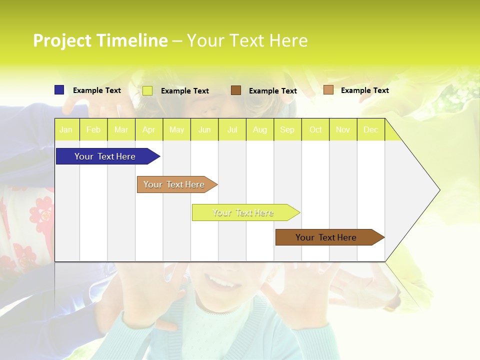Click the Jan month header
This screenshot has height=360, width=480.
click(66, 130)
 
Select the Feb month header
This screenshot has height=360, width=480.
click(93, 130)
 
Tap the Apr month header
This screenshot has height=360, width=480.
click(149, 130)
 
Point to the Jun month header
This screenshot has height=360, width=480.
click(204, 130)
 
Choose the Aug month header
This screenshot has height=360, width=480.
click(260, 130)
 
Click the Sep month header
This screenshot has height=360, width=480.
click(287, 130)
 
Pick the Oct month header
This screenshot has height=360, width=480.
click(315, 130)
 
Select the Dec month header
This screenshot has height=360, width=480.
click(371, 130)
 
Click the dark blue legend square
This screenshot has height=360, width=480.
click(59, 90)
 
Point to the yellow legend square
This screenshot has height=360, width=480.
click(147, 90)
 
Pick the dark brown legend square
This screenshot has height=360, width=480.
click(236, 90)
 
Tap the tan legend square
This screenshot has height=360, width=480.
click(328, 90)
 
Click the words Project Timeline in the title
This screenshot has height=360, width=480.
click(100, 40)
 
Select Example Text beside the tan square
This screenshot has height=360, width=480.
click(364, 90)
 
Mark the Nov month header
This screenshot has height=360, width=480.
click(343, 130)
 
